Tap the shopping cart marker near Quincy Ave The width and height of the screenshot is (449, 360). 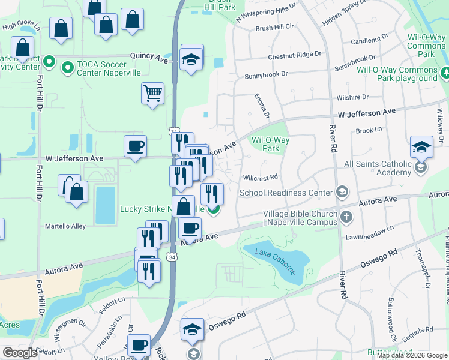tap(152, 94)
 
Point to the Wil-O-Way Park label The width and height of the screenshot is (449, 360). tap(270, 144)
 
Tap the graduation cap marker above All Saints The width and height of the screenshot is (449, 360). tap(421, 147)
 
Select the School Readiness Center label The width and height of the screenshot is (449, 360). tap(286, 193)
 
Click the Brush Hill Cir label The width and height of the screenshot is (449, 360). tap(274, 28)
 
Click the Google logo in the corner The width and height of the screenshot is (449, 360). tap(20, 353)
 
